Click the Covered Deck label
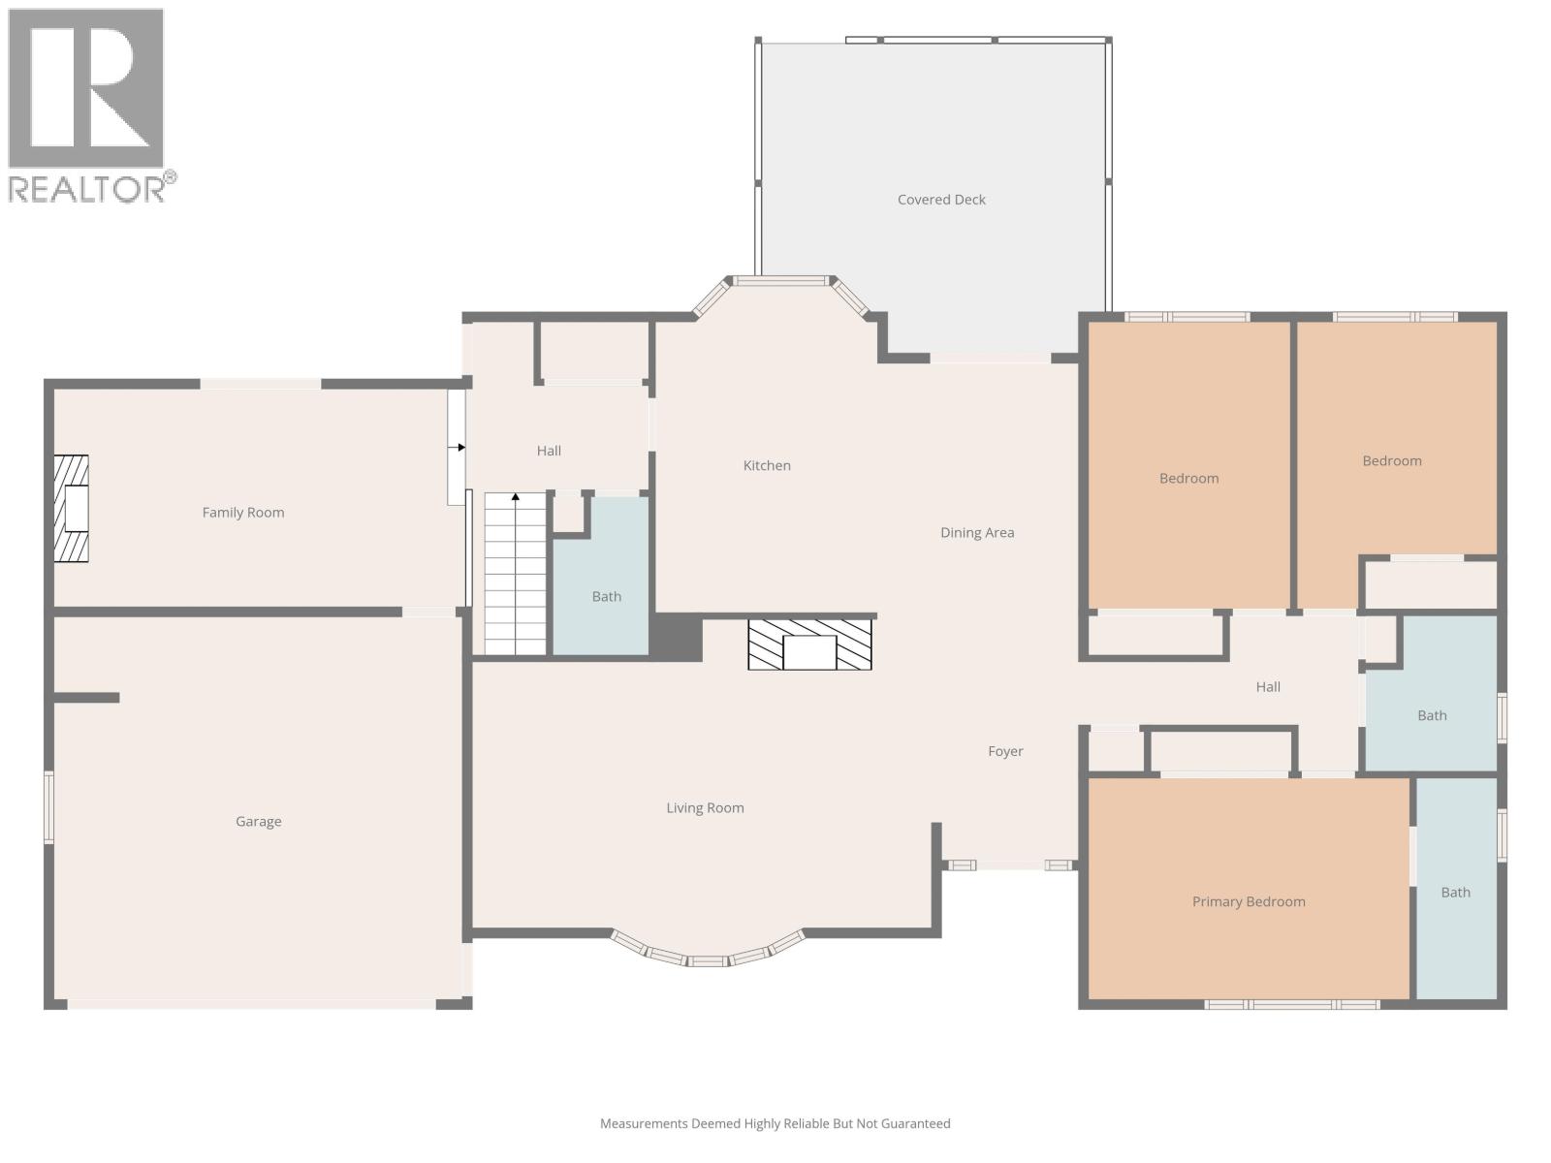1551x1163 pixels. [x=941, y=200]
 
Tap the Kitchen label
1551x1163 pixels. [x=767, y=465]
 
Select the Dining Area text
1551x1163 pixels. [x=977, y=532]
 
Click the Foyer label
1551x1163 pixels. [x=1005, y=751]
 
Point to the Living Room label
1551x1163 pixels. [x=705, y=807]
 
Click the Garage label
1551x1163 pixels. [x=258, y=821]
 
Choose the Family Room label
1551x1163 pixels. [x=243, y=512]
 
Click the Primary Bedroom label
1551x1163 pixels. [x=1249, y=901]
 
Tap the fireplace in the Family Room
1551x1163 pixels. [x=72, y=509]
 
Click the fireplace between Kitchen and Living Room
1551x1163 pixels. [x=809, y=644]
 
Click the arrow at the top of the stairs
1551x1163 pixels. [x=516, y=497]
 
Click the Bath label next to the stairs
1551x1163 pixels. [x=607, y=596]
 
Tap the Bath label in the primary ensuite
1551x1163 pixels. [x=1455, y=892]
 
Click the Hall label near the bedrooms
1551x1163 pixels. [x=1268, y=686]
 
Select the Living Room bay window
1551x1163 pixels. [x=708, y=955]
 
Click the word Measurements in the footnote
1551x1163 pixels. [x=643, y=1123]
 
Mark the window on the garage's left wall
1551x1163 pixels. [x=48, y=806]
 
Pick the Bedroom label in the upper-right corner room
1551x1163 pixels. [x=1392, y=460]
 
